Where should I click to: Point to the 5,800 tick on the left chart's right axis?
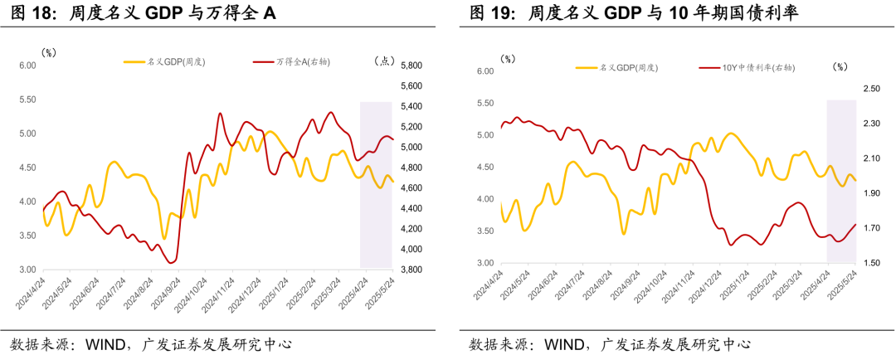pyautogui.click(x=412, y=66)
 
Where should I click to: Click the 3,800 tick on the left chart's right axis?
pyautogui.click(x=412, y=270)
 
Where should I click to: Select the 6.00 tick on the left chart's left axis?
pyautogui.click(x=27, y=66)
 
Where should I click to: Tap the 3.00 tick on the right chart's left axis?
pyautogui.click(x=486, y=263)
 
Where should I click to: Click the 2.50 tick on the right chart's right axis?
pyautogui.click(x=870, y=89)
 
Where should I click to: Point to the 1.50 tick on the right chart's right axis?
pyautogui.click(x=870, y=263)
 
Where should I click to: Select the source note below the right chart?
pyautogui.click(x=610, y=343)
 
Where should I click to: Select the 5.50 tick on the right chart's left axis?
pyautogui.click(x=486, y=103)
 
